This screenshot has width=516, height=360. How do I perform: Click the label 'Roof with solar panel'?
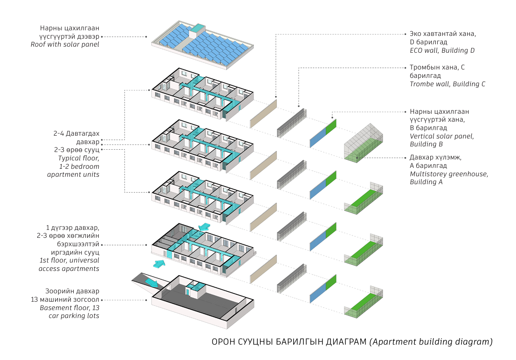[x=65, y=45]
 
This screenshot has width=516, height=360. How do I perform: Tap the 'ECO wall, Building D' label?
[x=442, y=50]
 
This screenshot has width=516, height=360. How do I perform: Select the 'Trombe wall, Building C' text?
[x=447, y=84]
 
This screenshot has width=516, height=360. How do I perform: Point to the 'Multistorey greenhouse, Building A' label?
[x=449, y=178]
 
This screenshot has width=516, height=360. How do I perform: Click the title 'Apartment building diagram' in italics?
[x=431, y=342]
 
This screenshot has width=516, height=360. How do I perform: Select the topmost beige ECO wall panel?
[x=263, y=113]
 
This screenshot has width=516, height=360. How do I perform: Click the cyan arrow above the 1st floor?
[x=204, y=227]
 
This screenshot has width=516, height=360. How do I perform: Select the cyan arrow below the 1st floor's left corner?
[x=159, y=264]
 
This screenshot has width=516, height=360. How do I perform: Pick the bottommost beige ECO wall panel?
[x=263, y=269]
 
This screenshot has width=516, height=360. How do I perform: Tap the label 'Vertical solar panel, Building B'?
[x=442, y=140]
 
